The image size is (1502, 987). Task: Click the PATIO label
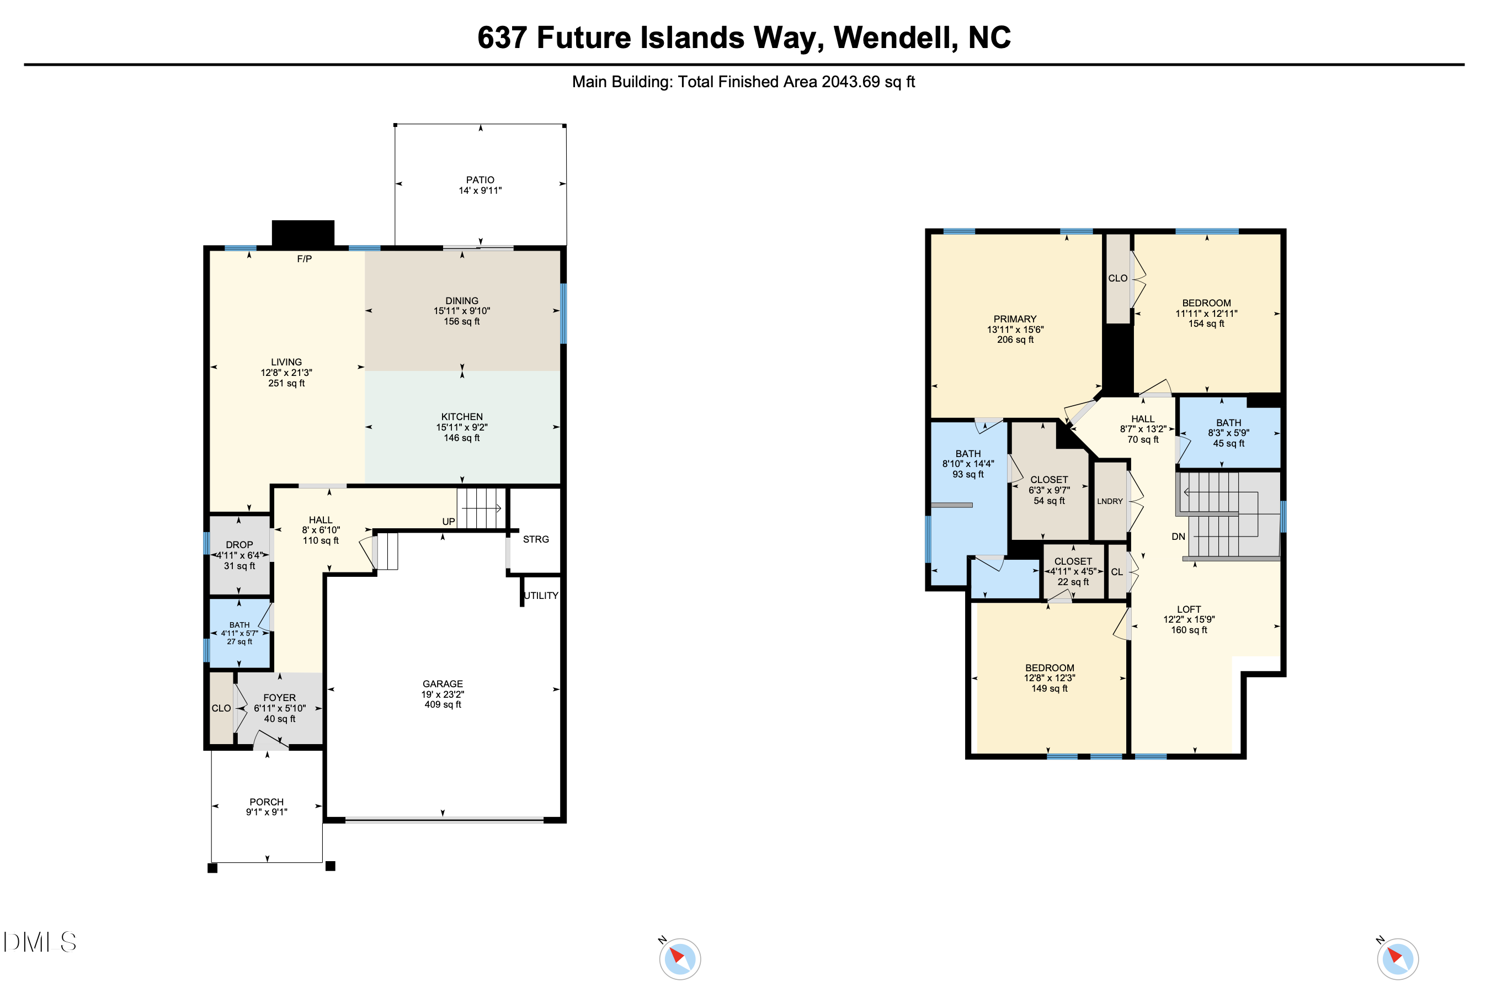coord(480,180)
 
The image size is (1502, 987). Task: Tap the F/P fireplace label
coord(304,259)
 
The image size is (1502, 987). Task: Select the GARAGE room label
coord(443,684)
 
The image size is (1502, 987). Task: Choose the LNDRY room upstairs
coord(1110,501)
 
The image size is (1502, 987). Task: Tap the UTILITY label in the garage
coord(541,596)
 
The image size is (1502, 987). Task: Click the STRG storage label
coord(536,539)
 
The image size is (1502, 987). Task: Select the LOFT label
coord(1189,609)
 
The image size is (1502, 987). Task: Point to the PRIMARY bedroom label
coord(1015,319)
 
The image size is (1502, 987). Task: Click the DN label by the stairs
coord(1178,537)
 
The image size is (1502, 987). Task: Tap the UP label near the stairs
coord(449,522)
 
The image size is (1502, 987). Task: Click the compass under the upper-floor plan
coord(1398,958)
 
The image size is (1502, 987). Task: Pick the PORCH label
coord(267,802)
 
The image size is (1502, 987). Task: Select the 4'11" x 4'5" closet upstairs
coord(1073,571)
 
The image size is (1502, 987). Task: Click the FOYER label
coord(280,698)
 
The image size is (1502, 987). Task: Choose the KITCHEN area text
coord(462,417)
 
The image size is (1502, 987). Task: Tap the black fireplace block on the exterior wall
coord(303,233)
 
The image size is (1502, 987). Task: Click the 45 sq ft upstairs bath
coord(1229,433)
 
